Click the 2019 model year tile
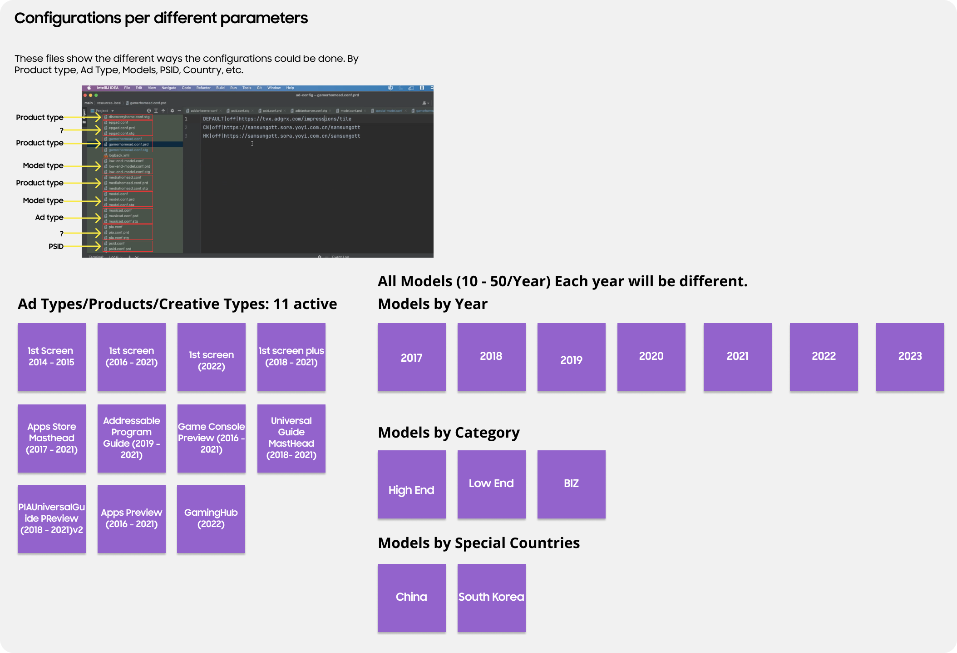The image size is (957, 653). [x=571, y=357]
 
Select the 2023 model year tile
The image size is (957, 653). [x=910, y=357]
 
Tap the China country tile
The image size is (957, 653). [x=411, y=598]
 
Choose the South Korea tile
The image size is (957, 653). [x=491, y=598]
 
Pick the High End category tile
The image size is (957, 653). [x=411, y=484]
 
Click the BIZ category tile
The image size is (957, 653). [x=571, y=484]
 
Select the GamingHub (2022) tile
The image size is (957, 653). [x=211, y=518]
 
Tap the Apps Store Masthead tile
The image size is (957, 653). [x=52, y=438]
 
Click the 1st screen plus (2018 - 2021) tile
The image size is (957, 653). [x=291, y=357]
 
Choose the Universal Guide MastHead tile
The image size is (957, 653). [x=291, y=438]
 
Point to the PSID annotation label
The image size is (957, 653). [x=56, y=246]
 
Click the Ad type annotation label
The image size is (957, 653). [x=49, y=217]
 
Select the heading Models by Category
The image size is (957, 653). [x=449, y=433]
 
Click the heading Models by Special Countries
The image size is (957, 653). [x=478, y=543]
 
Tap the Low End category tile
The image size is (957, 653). [x=491, y=484]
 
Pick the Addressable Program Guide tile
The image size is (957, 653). [x=132, y=438]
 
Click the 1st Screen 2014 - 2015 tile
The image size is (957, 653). [x=52, y=357]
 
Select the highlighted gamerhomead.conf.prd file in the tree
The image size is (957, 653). [x=128, y=145]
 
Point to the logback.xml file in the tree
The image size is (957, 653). [x=119, y=155]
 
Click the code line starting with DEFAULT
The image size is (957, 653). [x=277, y=119]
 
